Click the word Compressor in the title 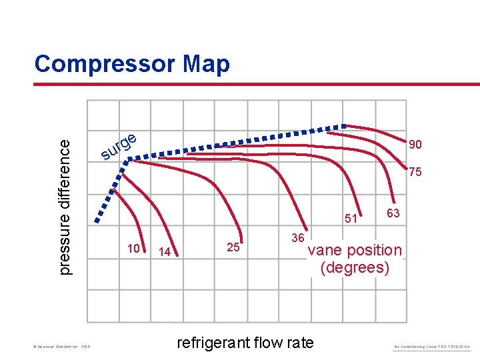click(101, 64)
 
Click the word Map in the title click(202, 64)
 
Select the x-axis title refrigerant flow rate click(245, 343)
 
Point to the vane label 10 click(133, 249)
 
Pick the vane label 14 click(165, 252)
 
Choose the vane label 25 click(233, 247)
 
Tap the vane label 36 click(298, 238)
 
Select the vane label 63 click(393, 213)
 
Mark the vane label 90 click(415, 145)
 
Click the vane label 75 click(415, 172)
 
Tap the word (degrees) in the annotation click(355, 267)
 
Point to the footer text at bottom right click(432, 346)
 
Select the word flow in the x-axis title click(267, 343)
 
